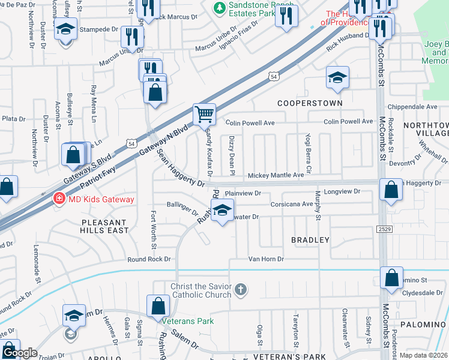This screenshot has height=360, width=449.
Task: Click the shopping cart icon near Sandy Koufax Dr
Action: (204, 113)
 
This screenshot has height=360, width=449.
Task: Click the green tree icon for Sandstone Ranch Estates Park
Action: (220, 7)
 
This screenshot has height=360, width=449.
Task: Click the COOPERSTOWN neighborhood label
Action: (310, 103)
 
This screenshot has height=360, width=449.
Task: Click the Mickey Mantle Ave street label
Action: (276, 175)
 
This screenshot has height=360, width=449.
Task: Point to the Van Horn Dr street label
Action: (266, 259)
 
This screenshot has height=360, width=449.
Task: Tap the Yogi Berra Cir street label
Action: (309, 153)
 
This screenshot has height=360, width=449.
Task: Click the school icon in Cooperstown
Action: (337, 77)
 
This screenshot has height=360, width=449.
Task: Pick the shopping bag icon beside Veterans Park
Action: (157, 306)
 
